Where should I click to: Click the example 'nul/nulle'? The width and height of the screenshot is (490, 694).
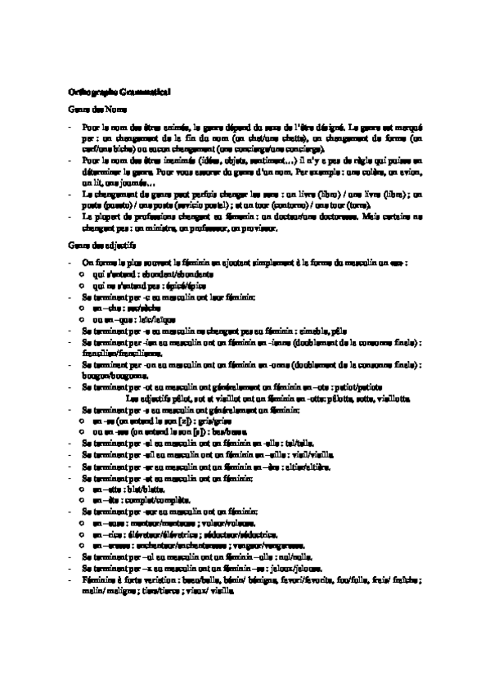pyautogui.click(x=294, y=557)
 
